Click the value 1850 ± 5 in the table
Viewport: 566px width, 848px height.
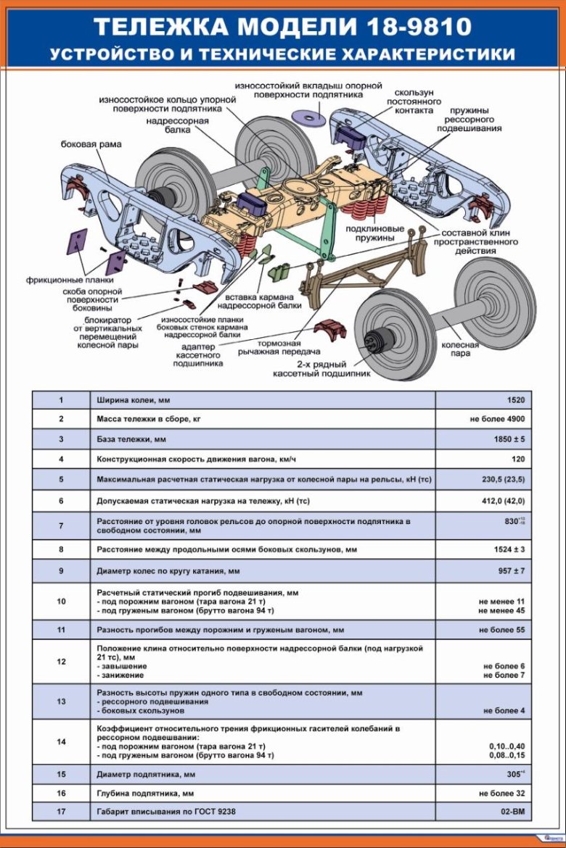(509, 439)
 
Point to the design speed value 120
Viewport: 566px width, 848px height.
(517, 460)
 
